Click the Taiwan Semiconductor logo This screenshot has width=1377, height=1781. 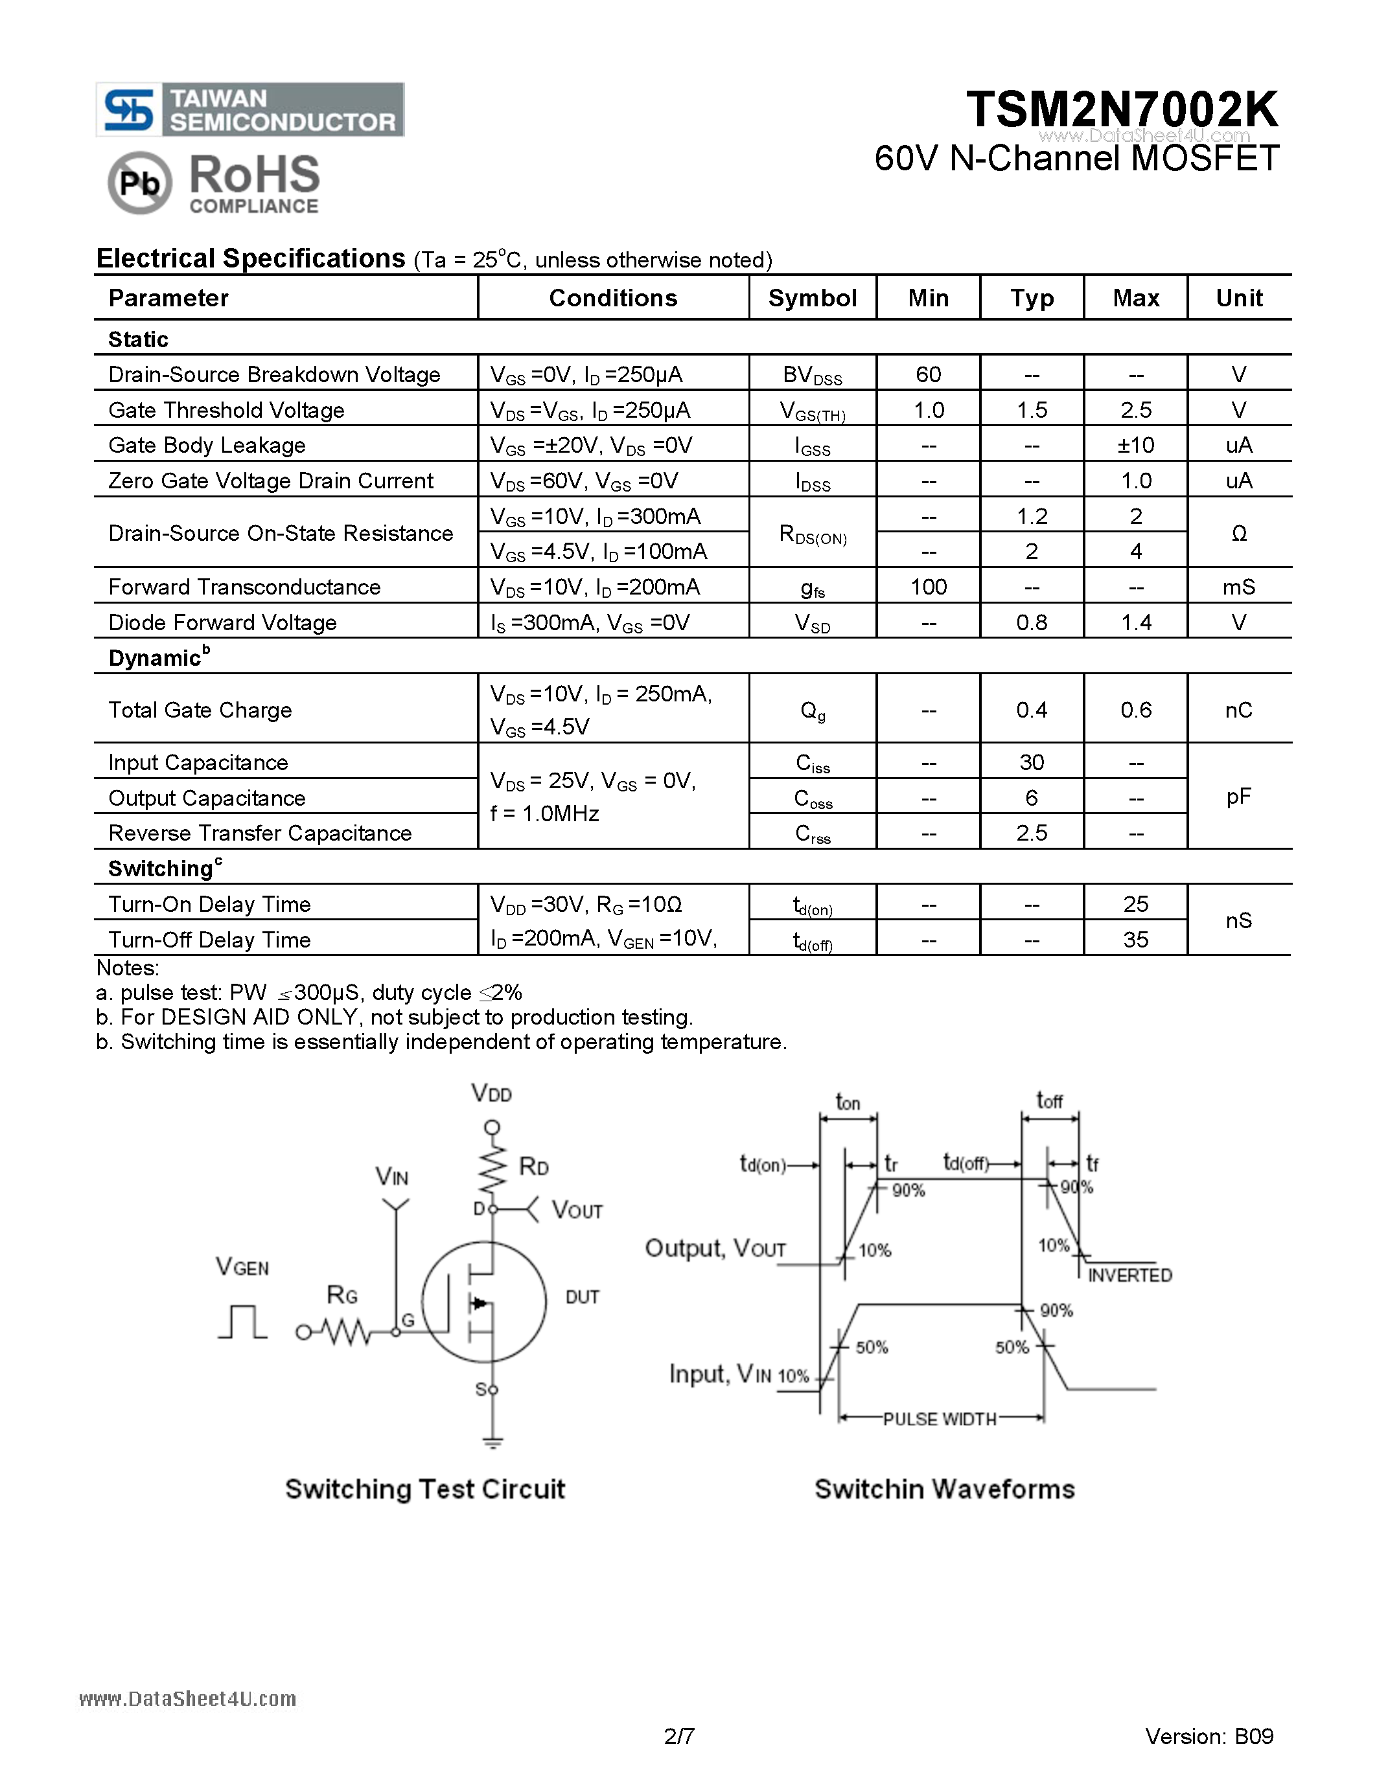coord(249,110)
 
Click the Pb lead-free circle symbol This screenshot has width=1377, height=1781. coord(139,183)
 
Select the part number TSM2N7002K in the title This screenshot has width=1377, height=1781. coord(1122,109)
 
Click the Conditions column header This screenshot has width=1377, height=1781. coord(612,299)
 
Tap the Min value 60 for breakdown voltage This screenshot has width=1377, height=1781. coord(929,374)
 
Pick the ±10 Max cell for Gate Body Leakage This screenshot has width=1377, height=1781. coord(1135,446)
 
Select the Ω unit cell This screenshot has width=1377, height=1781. coord(1238,533)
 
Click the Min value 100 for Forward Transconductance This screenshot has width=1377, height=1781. coord(929,587)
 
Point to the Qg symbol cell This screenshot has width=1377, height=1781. coord(813,710)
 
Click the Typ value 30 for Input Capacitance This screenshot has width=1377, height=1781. coord(1031,762)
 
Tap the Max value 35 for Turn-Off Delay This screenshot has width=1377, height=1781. coord(1135,940)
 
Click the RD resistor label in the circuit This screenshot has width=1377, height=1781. coord(533,1167)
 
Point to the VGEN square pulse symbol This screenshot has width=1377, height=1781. coord(242,1322)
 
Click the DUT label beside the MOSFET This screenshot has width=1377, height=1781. coord(583,1297)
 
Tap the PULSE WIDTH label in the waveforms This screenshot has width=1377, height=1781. coord(940,1419)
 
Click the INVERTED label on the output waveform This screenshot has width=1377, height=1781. coord(1130,1275)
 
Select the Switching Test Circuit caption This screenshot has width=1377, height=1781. coord(424,1489)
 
